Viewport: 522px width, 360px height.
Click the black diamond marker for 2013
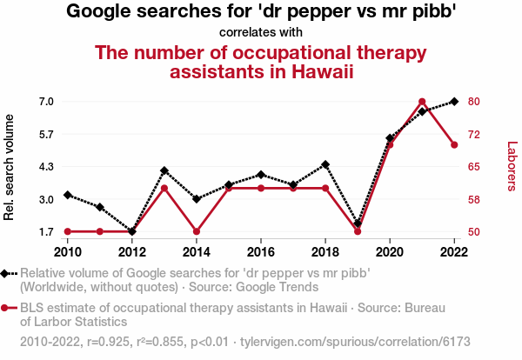164,170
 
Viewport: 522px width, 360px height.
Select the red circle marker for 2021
422,102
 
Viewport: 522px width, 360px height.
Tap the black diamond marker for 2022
454,102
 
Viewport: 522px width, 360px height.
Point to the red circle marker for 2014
197,231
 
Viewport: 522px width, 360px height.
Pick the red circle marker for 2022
454,144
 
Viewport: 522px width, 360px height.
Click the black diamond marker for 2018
325,164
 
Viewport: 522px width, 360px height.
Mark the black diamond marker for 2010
68,195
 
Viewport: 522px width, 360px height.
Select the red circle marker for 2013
164,188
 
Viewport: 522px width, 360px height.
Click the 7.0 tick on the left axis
47,102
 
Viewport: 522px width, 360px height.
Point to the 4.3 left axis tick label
47,167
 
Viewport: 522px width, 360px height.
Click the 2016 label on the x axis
261,251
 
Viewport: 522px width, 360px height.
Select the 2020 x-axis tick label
390,251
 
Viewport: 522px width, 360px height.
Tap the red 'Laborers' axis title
512,167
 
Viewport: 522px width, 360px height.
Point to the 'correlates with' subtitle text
261,32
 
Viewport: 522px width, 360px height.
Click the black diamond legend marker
8,273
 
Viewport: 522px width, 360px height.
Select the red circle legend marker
8,308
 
